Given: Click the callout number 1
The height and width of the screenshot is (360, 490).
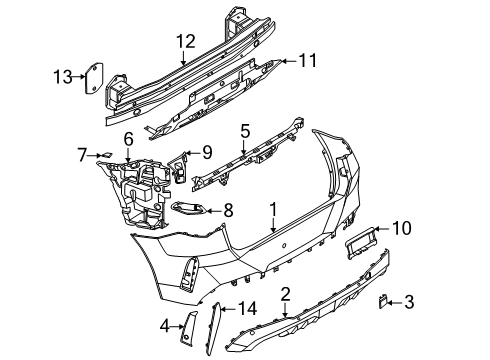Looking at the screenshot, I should [272, 209].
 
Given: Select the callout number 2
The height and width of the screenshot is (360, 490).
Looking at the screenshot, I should [285, 293].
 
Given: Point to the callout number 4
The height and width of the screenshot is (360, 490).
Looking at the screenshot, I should [163, 324].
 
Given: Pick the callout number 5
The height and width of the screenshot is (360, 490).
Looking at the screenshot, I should [244, 130].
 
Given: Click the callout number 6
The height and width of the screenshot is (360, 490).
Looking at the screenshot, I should [128, 138].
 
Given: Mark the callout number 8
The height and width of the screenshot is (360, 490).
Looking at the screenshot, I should [229, 210].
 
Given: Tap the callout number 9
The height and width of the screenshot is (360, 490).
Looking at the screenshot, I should [206, 153].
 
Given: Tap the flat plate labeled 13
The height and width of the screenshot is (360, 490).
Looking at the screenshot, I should [92, 76].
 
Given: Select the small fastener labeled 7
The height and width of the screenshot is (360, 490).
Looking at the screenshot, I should [104, 153].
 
